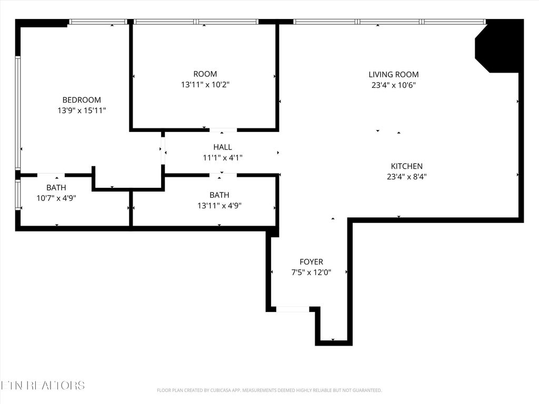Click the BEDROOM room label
82,100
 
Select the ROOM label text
205,74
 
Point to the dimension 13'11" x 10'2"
205,85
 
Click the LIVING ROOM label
393,75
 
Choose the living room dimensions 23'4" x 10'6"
393,85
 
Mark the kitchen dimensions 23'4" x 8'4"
406,177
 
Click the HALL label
222,147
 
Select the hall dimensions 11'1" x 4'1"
222,157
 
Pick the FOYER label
311,262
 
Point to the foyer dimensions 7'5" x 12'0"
311,272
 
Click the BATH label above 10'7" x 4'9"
56,187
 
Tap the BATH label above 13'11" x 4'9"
219,195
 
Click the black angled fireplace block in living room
497,47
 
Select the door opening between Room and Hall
223,129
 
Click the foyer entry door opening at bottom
293,309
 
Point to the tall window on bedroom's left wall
18,113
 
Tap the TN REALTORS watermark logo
42,386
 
